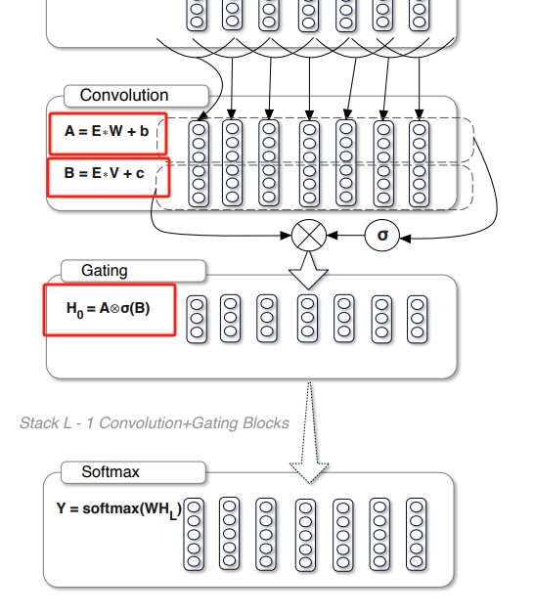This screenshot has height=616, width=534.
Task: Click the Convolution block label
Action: coord(124,96)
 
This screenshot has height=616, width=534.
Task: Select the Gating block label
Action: coord(105,270)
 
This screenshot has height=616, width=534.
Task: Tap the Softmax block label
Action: coord(111,472)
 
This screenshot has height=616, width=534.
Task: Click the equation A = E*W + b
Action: coord(108,131)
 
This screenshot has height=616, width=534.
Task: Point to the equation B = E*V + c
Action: coord(108,174)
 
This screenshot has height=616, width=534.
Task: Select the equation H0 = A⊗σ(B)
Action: coord(109,309)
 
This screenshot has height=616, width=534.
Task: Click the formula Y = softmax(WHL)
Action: coord(118,509)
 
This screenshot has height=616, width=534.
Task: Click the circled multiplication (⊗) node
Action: coord(309,236)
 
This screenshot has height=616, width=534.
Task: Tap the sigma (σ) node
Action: coord(382,236)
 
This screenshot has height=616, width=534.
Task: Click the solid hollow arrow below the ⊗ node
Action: coord(309,270)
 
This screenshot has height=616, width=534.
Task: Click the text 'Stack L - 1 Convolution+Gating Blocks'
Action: coord(155,423)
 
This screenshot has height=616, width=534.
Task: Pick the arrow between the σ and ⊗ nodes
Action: coord(347,236)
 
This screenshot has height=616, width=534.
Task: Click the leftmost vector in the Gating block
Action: coord(197,318)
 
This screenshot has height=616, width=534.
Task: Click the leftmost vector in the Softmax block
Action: coord(195,534)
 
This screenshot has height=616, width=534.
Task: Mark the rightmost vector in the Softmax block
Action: coord(418,534)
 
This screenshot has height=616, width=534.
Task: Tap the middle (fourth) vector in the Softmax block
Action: coord(306,534)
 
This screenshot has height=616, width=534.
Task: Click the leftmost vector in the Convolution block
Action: coord(199,162)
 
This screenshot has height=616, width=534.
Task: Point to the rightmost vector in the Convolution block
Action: coord(420,162)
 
